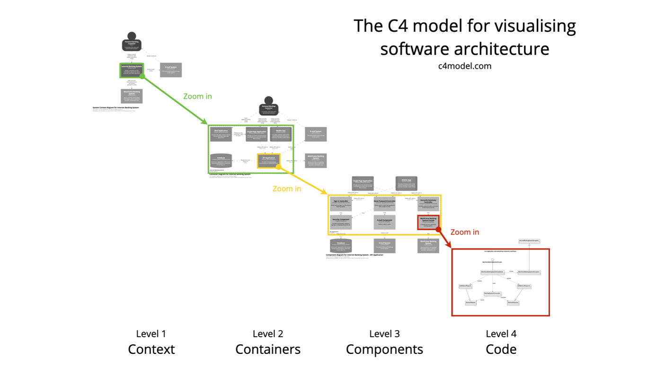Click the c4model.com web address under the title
point(465,66)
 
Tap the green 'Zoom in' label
point(197,96)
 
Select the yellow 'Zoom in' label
point(287,189)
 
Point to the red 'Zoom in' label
point(464,232)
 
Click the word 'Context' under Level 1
point(151,350)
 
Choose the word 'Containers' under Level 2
point(268,350)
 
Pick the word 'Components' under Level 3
point(384,350)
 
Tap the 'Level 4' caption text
point(501,334)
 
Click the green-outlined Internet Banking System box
point(132,70)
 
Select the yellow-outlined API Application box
point(268,161)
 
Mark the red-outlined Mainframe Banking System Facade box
point(428,222)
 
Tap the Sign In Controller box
point(341,203)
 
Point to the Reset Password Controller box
point(384,203)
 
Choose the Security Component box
point(341,222)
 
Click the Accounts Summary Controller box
point(428,203)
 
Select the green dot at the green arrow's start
point(142,76)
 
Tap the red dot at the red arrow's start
point(439,230)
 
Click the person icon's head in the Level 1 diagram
point(132,36)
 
